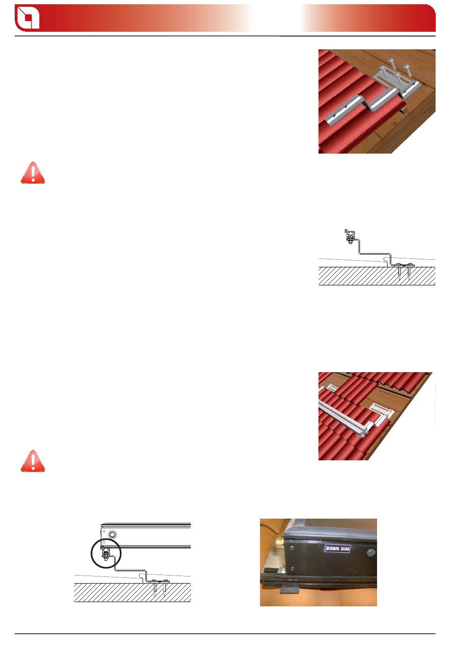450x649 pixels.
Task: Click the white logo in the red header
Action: coord(28,18)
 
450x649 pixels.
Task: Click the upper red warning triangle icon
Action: coord(33,173)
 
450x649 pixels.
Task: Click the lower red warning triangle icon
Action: coord(33,461)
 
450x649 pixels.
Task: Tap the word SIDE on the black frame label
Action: coord(344,549)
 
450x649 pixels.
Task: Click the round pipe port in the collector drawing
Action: coord(112,534)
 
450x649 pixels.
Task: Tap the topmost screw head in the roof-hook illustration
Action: coord(391,61)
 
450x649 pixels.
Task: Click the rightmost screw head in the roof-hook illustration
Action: coord(406,67)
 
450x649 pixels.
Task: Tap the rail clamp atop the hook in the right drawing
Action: coord(350,236)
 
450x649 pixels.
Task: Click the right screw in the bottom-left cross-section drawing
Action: coord(165,588)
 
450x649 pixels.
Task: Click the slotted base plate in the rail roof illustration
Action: coord(382,410)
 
